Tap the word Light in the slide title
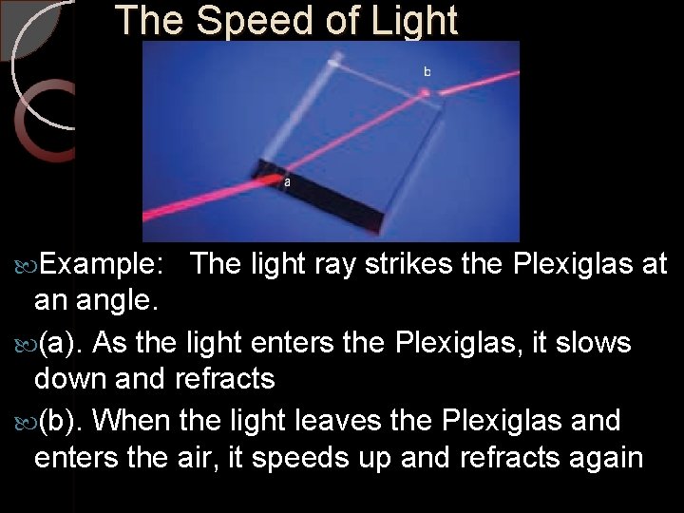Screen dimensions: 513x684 click(x=403, y=20)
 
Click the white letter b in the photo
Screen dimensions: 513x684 click(x=427, y=71)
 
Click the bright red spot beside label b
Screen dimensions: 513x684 click(x=426, y=92)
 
